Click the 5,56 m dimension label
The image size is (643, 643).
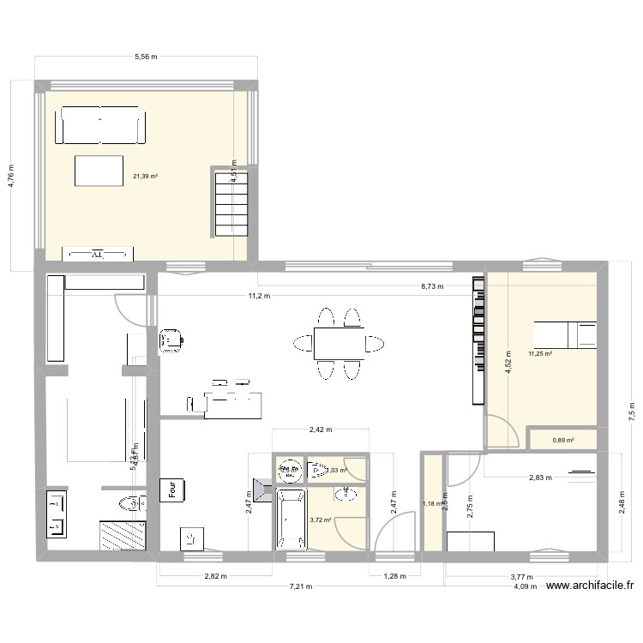[146, 57]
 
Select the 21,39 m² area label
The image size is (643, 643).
[145, 177]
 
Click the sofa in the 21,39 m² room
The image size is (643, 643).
[99, 126]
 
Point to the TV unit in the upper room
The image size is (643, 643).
[99, 254]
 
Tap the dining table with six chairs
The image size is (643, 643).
[336, 343]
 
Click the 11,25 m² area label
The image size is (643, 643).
[540, 353]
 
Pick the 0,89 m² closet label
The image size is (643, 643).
[562, 441]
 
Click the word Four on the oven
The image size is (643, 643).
[172, 490]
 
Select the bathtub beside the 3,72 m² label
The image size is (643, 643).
[291, 520]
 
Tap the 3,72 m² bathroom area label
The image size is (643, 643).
[321, 520]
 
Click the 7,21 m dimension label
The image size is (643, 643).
[299, 587]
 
